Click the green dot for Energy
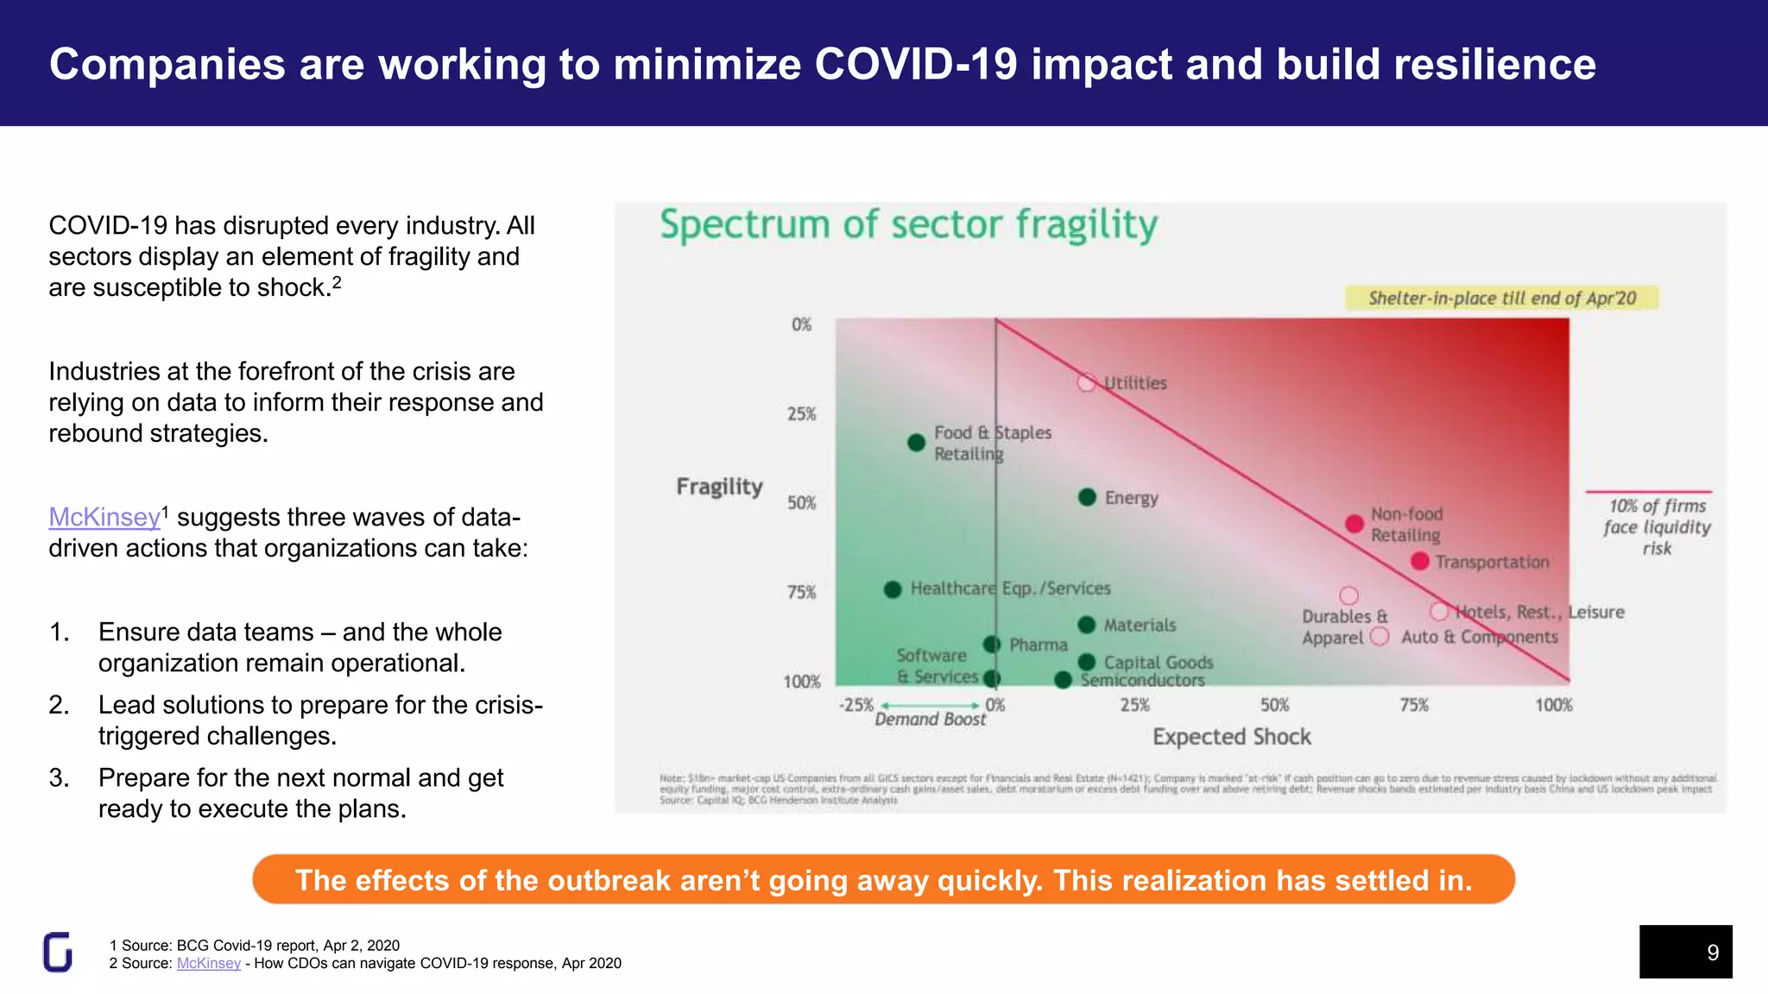point(1087,497)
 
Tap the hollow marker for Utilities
point(1086,382)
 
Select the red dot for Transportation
point(1419,562)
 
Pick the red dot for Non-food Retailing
point(1354,524)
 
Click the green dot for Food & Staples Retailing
point(917,443)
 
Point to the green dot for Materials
point(1087,625)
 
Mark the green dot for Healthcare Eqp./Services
point(893,589)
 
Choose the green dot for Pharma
point(992,645)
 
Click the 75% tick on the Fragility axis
point(801,592)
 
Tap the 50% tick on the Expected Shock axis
point(1274,705)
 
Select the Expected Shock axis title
point(1231,737)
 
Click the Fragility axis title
point(719,487)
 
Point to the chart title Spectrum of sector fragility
point(908,224)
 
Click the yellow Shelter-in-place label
point(1501,298)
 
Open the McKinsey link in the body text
point(104,517)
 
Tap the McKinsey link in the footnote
point(209,963)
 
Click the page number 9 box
point(1685,952)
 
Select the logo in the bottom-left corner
point(58,952)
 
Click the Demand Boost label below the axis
point(930,720)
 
